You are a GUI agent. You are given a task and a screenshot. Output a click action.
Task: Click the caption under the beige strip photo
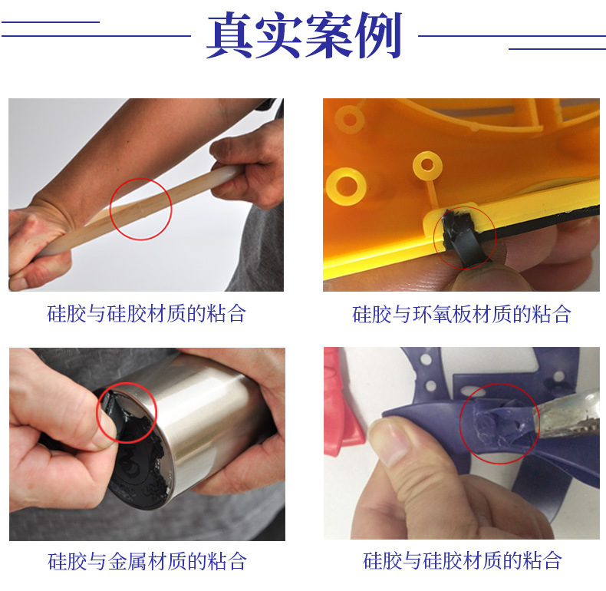coord(147,313)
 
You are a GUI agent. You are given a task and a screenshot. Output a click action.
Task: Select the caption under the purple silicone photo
coord(462,560)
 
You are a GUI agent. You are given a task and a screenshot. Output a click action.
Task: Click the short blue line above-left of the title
coord(51,21)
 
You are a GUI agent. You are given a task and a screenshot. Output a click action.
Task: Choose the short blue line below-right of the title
coord(557,49)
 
